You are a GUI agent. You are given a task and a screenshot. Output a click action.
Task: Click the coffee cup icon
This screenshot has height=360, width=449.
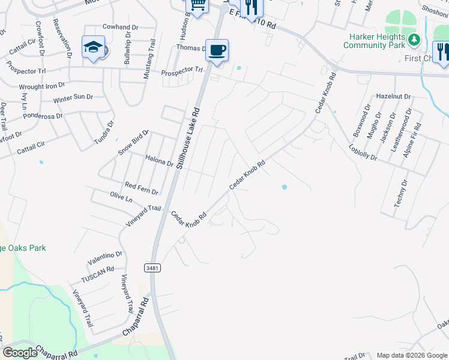tap(217, 50)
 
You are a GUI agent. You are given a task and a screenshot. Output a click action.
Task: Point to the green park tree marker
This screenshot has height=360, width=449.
tap(414, 40)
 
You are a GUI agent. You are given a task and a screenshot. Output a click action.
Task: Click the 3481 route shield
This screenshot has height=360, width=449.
tap(152, 268)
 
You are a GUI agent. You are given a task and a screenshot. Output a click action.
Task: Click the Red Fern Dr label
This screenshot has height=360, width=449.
tap(141, 188)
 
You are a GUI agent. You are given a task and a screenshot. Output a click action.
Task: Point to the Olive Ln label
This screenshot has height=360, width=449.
tap(121, 197)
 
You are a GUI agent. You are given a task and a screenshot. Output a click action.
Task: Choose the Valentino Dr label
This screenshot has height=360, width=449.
tap(104, 258)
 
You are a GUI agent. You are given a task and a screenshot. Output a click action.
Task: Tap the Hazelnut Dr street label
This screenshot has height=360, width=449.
tap(393, 96)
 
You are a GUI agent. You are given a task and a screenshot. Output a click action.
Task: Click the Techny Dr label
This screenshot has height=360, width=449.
tap(400, 193)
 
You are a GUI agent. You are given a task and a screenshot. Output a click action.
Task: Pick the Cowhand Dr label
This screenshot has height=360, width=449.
tap(120, 27)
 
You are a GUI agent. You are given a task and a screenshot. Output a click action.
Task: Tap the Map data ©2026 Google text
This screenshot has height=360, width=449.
tap(412, 355)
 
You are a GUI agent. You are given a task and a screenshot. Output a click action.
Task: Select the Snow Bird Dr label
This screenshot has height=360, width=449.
tap(133, 142)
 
